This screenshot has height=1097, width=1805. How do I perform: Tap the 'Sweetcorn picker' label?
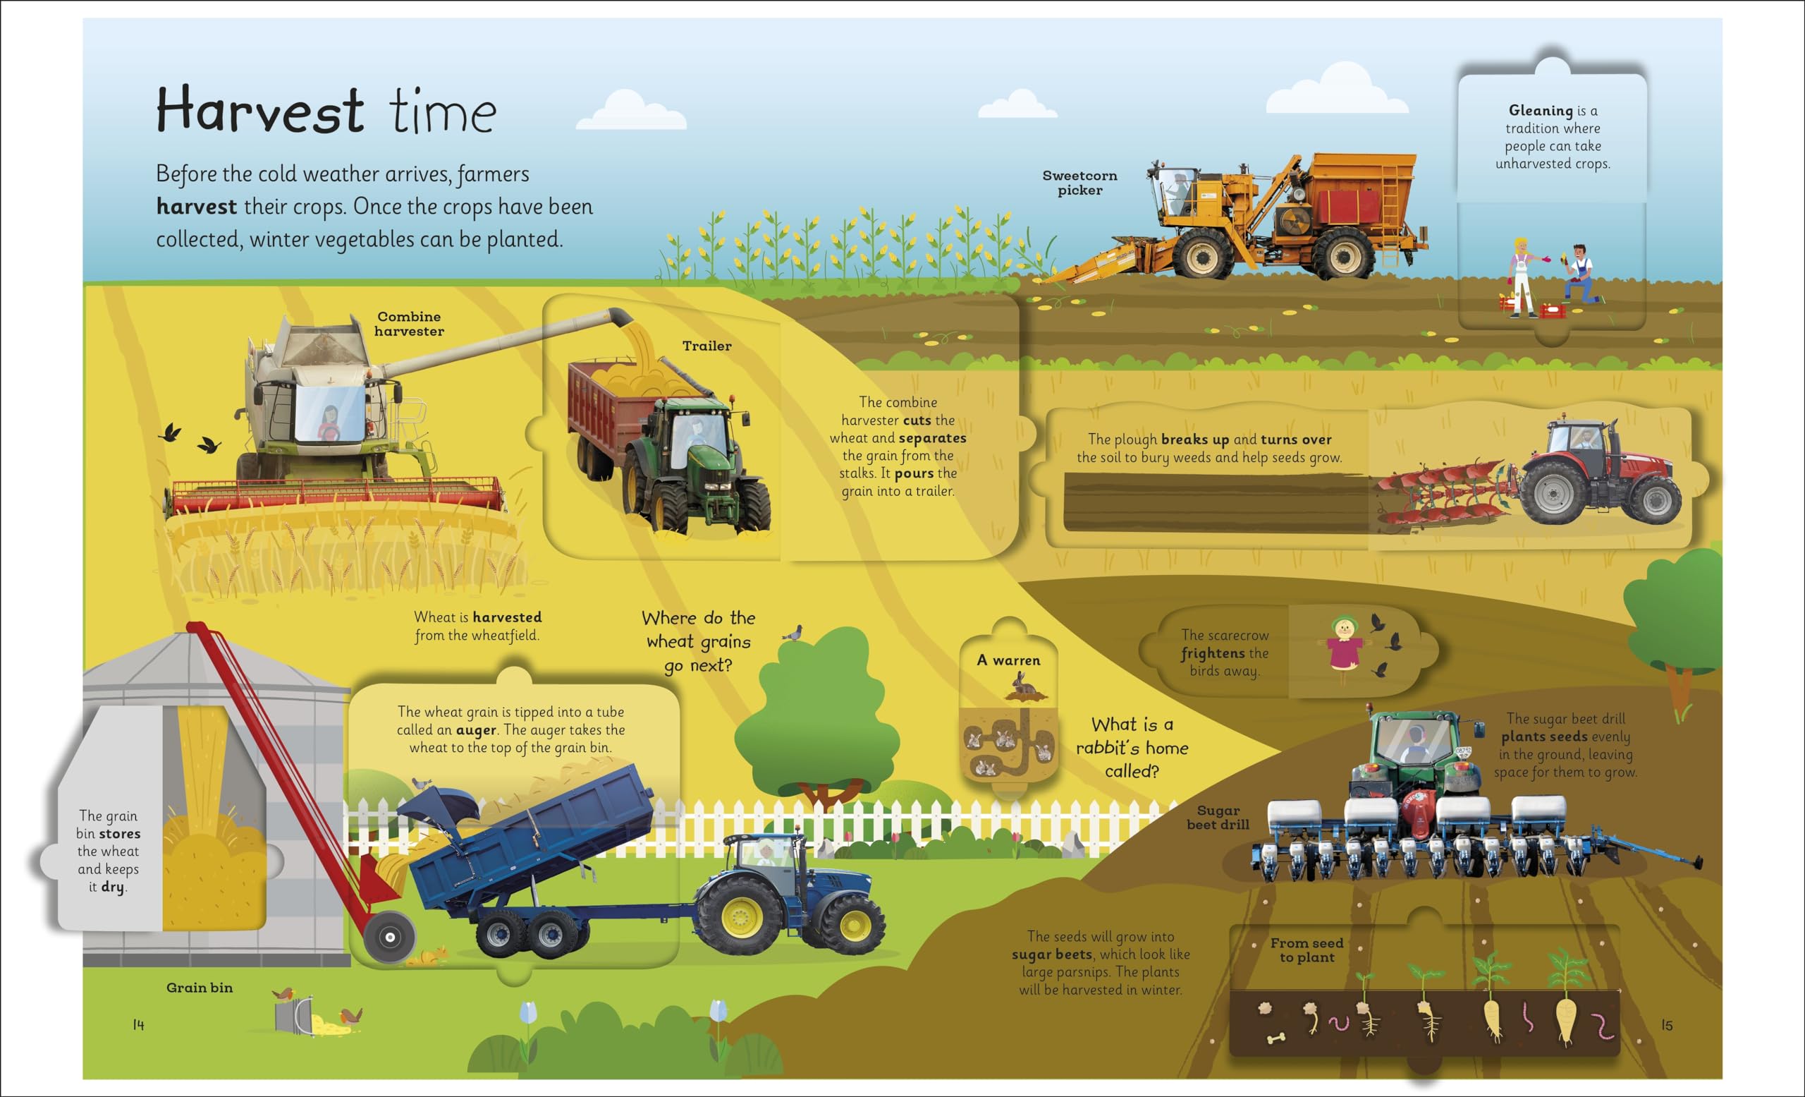coord(1079,183)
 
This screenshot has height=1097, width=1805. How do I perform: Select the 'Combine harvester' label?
coord(409,324)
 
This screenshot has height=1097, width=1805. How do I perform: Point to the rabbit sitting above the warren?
coord(1024,686)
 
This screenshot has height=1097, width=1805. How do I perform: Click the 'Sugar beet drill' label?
coord(1218,817)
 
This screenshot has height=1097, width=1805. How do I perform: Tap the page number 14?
coord(138,1024)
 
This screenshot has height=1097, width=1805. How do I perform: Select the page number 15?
coord(1667,1025)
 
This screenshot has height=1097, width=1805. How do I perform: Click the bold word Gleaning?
coord(1540,111)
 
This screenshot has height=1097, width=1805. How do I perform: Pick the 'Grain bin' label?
coord(200,988)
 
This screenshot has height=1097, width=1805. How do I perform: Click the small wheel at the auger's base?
coord(390,937)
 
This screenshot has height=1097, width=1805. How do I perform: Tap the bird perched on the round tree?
coord(793,633)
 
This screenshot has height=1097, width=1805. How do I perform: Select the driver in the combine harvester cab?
coord(330,422)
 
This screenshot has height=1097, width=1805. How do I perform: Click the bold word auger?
coord(476,730)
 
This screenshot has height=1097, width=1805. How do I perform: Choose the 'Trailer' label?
coord(706,346)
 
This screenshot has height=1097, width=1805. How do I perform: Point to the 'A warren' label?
coord(1008,660)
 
